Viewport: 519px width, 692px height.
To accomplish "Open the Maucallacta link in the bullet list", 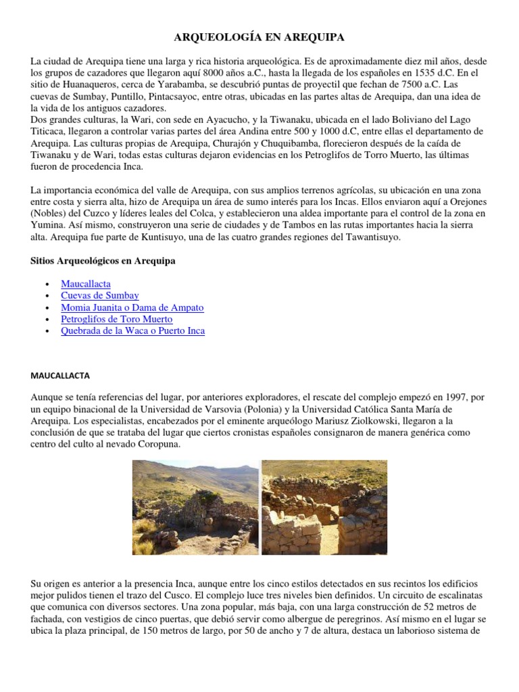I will pos(85,284).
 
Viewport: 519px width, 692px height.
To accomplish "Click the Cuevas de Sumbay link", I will pos(99,295).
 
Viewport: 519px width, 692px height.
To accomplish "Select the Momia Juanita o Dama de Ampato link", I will pos(132,307).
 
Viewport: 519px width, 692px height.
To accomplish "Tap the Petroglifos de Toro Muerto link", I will pos(116,319).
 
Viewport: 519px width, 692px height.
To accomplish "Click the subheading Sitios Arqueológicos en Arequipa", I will pos(103,261).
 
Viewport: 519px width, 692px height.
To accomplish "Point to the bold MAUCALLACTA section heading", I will pos(65,375).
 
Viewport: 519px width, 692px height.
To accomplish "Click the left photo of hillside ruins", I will pos(195,508).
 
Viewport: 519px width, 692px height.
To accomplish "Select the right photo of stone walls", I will pos(324,508).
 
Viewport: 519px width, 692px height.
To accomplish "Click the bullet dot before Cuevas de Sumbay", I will pos(45,296).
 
